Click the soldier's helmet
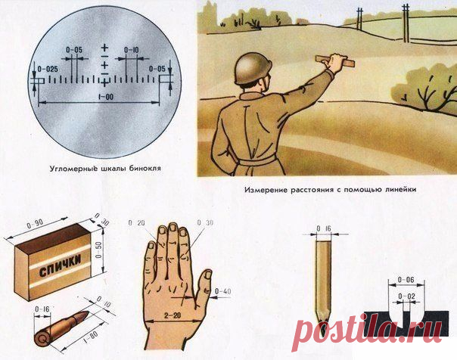[x=253, y=69]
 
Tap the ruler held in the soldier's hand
[x=335, y=61]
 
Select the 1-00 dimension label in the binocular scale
[x=105, y=97]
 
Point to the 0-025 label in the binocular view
[x=48, y=69]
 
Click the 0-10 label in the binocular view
[x=131, y=50]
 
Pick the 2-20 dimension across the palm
[x=173, y=315]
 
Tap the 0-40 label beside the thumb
[x=223, y=291]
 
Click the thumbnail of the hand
[x=208, y=275]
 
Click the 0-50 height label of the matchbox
[x=99, y=250]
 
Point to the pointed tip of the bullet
[x=88, y=312]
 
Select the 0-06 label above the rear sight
[x=406, y=280]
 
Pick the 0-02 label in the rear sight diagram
[x=406, y=296]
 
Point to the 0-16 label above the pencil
[x=324, y=229]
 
